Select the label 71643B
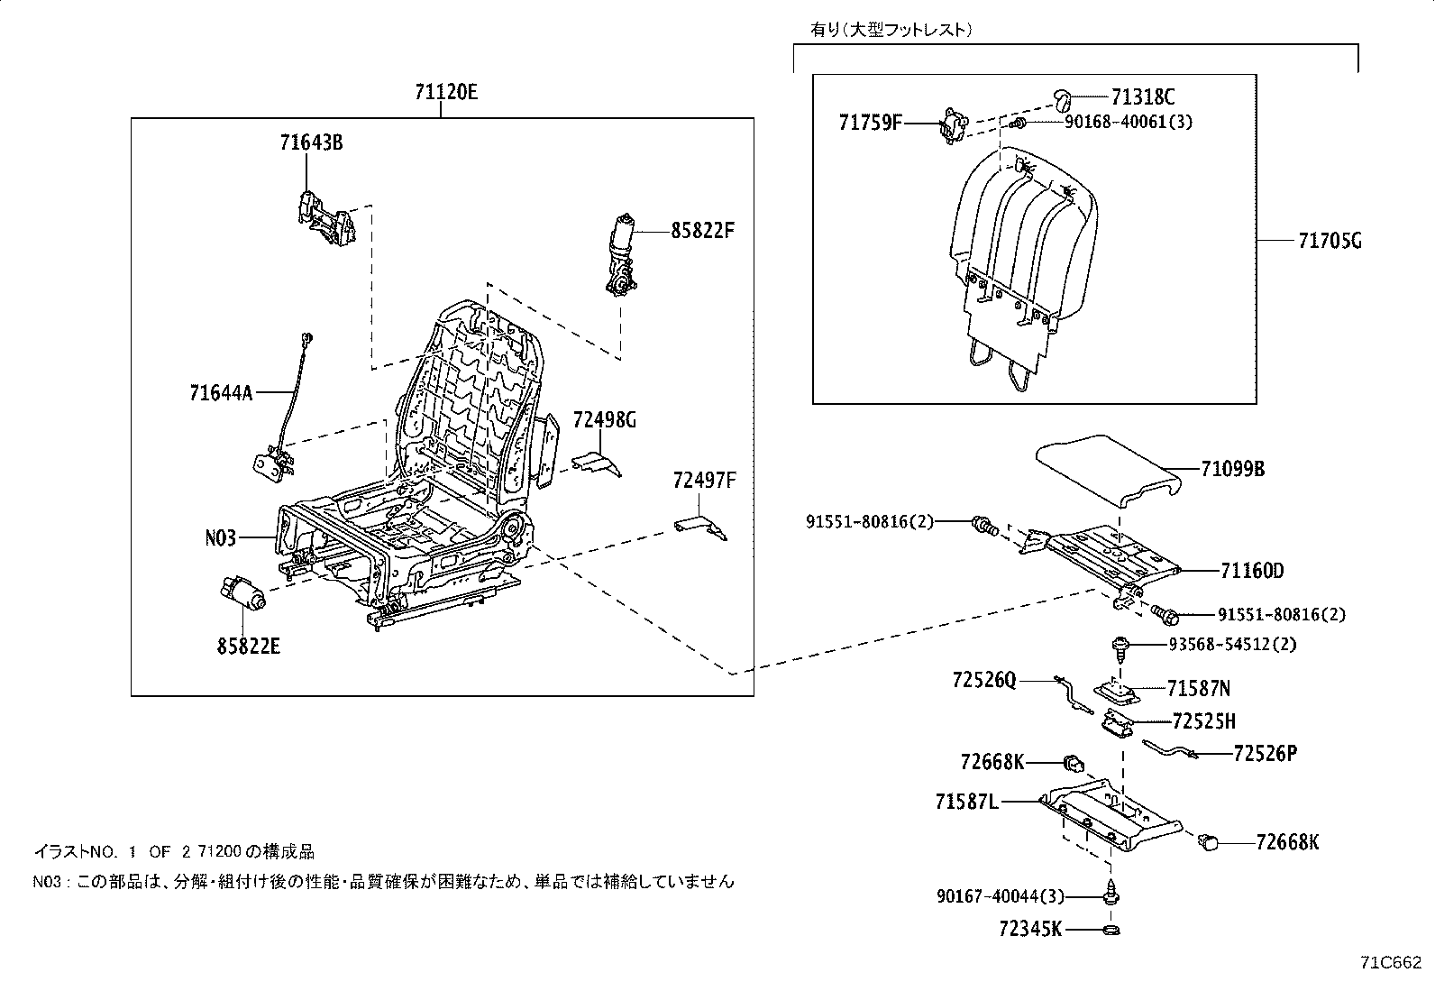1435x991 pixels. click(311, 142)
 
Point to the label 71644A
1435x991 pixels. click(222, 392)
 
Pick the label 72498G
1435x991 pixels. click(604, 419)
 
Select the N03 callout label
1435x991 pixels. click(220, 538)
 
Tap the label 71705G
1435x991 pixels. click(1330, 241)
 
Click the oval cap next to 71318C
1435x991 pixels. click(1063, 97)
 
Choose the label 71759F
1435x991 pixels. click(871, 122)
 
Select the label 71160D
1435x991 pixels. click(1252, 571)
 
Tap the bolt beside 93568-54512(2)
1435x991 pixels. click(1120, 646)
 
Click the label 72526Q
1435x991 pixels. click(983, 679)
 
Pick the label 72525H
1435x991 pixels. click(1203, 721)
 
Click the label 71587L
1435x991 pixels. click(966, 801)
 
